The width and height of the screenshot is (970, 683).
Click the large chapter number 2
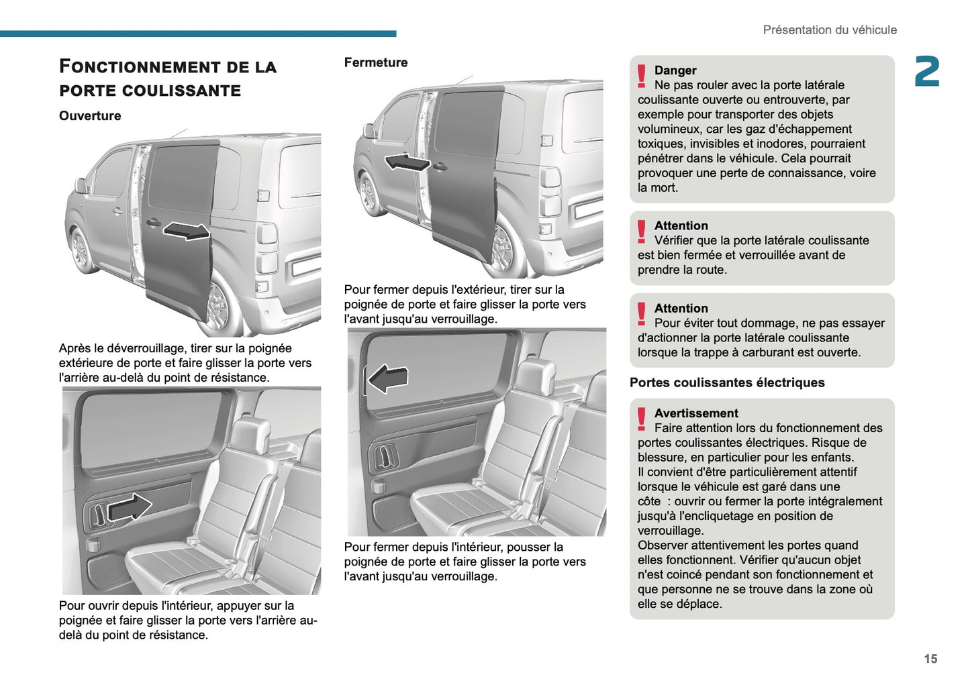pos(926,72)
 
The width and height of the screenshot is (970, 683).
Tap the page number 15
pos(930,659)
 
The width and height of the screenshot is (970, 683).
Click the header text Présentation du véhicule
pos(829,30)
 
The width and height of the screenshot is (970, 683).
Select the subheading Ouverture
pos(90,115)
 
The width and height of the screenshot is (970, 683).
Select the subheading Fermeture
pos(375,62)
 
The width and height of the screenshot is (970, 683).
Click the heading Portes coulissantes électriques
pos(727,382)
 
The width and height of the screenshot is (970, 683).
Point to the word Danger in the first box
pos(675,70)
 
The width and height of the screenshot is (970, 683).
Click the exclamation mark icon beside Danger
pos(642,76)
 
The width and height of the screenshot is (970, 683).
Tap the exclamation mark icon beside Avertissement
pos(642,419)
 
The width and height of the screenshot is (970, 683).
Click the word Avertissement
pos(695,413)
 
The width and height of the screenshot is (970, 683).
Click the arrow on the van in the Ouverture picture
pos(187,230)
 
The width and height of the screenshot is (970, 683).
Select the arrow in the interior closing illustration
pos(388,379)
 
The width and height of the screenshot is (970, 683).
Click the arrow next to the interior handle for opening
pos(130,508)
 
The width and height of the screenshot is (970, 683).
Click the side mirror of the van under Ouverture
pos(81,186)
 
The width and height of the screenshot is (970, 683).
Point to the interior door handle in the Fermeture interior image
pos(383,456)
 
